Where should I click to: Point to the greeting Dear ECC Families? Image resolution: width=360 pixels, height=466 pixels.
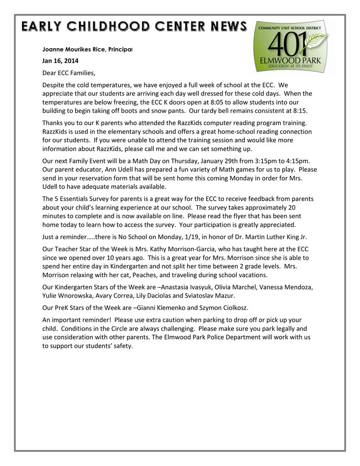point(69,73)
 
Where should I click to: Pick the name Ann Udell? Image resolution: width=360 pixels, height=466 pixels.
point(122,170)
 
